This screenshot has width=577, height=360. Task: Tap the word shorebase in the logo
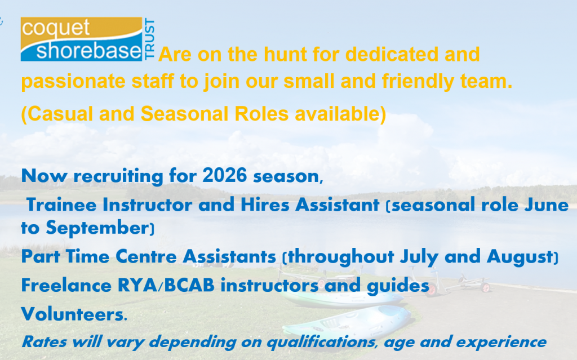pos(88,50)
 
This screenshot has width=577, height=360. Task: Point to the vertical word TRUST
pos(149,39)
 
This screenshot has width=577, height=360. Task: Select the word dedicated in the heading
pos(392,55)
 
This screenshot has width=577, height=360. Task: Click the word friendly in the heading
pos(418,82)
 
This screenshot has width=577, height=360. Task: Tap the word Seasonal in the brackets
pos(184,114)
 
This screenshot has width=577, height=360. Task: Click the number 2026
pos(224,175)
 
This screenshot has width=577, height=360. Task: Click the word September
pos(97,228)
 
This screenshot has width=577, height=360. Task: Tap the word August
pos(520,256)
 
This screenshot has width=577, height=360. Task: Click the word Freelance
pos(66,285)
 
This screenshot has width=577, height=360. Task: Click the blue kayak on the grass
pos(348,323)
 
